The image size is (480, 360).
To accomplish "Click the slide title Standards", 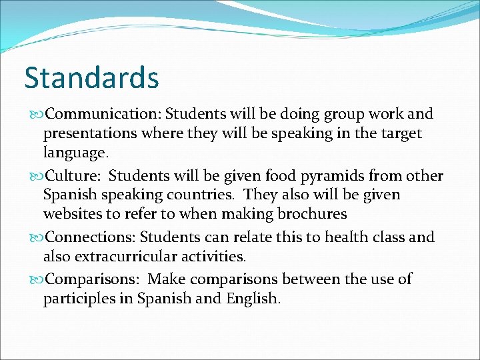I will click(91, 77).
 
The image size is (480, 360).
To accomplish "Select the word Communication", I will click(103, 115).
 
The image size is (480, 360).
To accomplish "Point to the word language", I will click(75, 153).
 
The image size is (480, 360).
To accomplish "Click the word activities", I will click(213, 256).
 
